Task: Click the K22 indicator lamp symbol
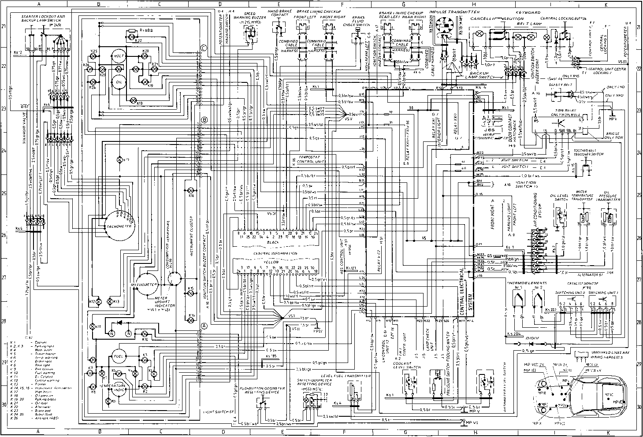(x=131, y=36)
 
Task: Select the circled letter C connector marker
(x=204, y=48)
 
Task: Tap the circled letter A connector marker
(x=204, y=326)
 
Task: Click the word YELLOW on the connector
(x=272, y=262)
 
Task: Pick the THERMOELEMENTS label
(x=527, y=283)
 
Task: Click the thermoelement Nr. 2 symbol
(x=537, y=302)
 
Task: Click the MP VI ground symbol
(x=462, y=422)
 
